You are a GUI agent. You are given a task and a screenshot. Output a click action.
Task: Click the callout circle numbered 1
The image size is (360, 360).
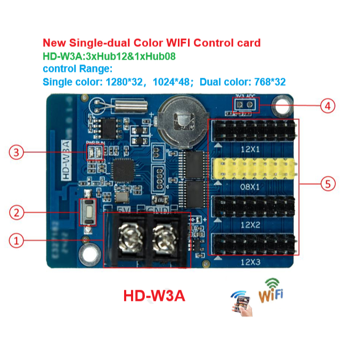pyautogui.click(x=17, y=241)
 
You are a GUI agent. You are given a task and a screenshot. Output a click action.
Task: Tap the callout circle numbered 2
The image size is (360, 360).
pyautogui.click(x=17, y=212)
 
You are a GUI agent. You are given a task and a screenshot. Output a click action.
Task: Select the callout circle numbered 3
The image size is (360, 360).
pyautogui.click(x=17, y=153)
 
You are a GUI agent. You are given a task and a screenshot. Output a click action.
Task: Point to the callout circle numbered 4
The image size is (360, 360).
pyautogui.click(x=328, y=106)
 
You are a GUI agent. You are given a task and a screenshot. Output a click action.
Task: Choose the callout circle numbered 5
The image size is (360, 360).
pyautogui.click(x=328, y=184)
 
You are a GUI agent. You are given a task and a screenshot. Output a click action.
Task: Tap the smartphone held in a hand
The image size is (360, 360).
pyautogui.click(x=241, y=302)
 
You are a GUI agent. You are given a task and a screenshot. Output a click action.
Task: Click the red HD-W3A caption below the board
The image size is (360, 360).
pyautogui.click(x=154, y=296)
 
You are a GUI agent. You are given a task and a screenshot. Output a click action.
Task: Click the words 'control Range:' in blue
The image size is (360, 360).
pyautogui.click(x=77, y=69)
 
